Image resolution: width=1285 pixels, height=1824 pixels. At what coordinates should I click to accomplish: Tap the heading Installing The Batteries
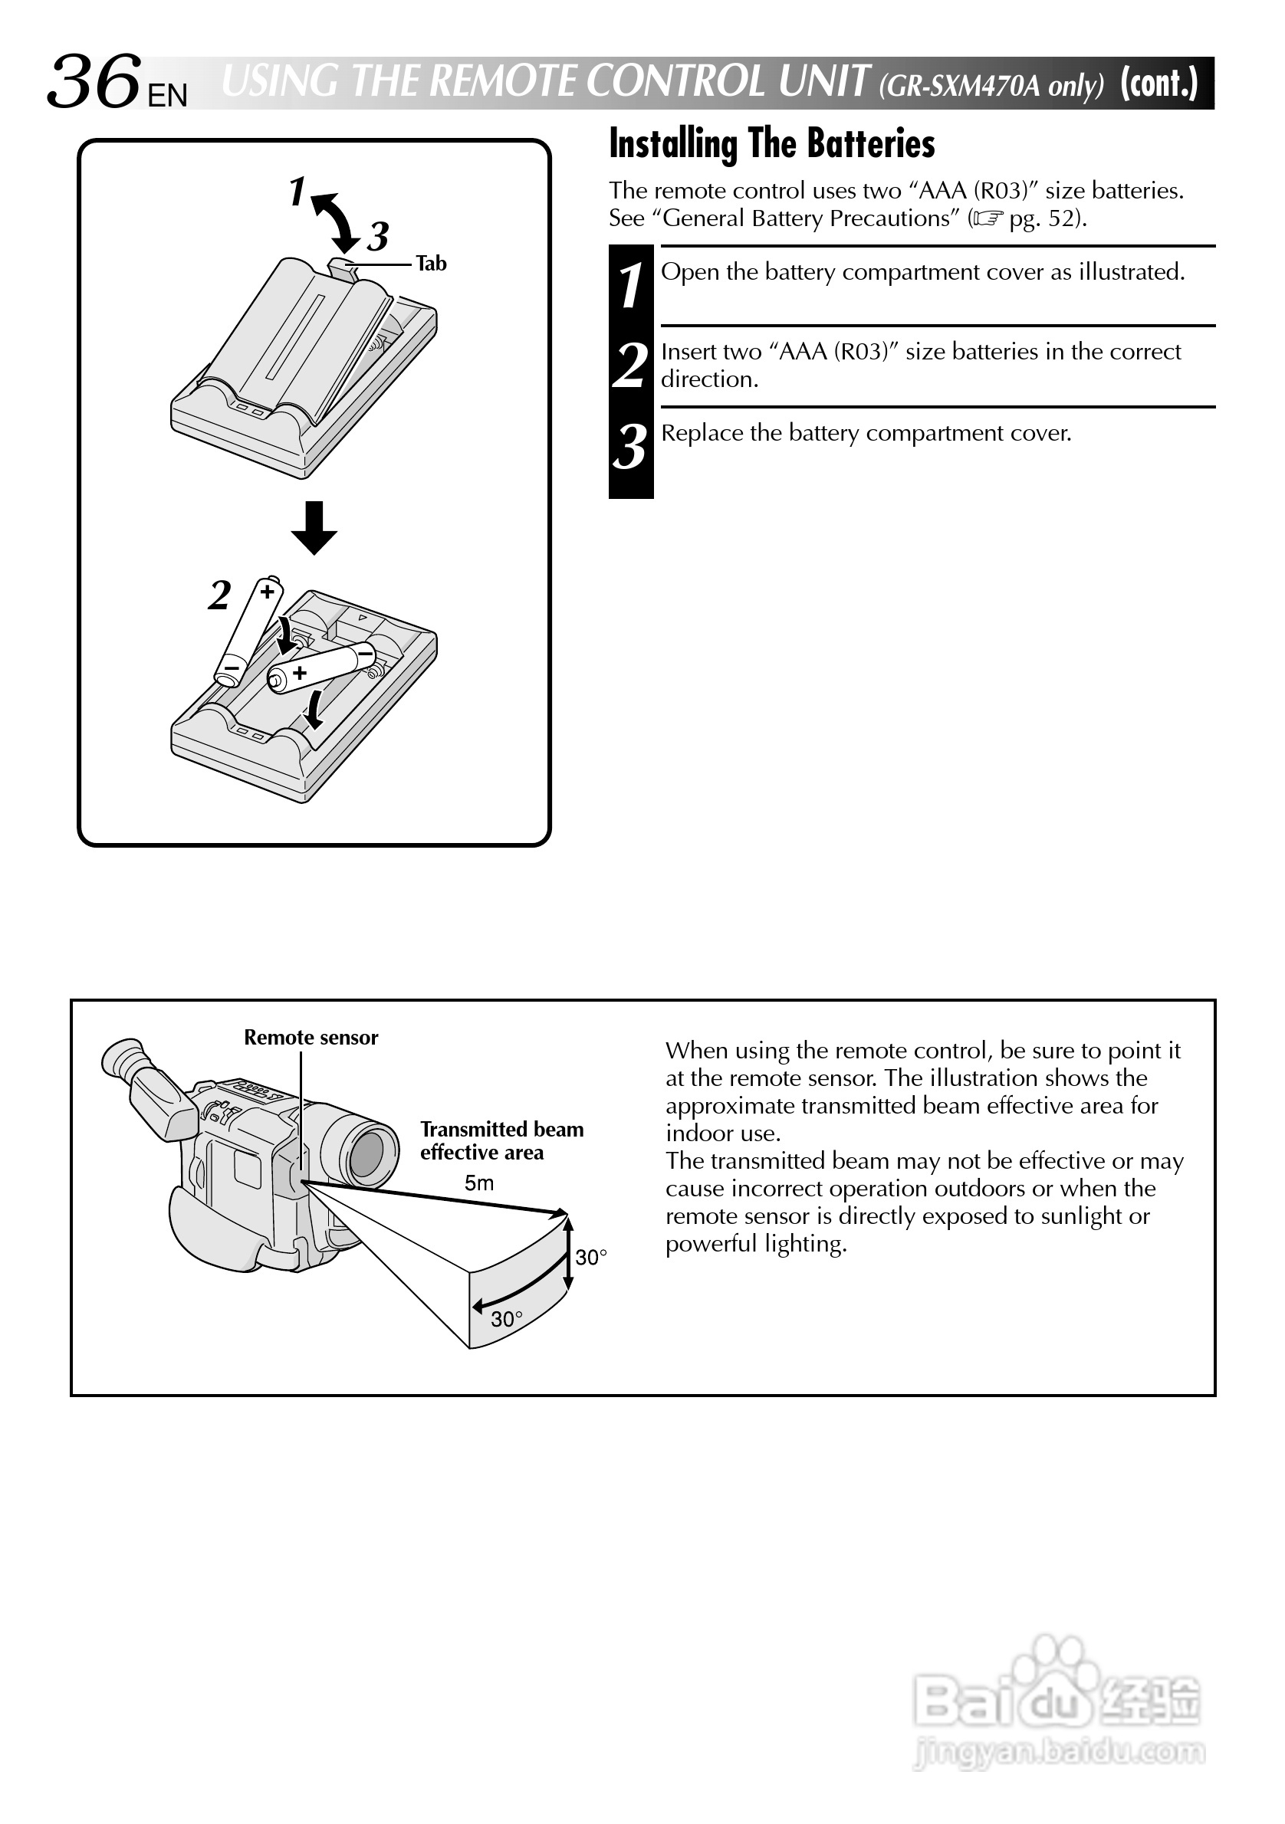point(771,145)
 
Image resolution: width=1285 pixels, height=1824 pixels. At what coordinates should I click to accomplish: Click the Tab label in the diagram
point(431,264)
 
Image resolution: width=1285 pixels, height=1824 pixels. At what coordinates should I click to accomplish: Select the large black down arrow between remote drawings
point(314,527)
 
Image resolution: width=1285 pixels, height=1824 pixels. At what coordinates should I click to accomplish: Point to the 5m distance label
point(478,1183)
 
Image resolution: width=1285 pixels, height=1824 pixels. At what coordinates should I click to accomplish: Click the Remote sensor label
point(311,1038)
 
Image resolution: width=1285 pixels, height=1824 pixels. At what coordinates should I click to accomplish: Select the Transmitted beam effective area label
point(501,1141)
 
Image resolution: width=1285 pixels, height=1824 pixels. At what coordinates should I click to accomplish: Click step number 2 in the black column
point(630,366)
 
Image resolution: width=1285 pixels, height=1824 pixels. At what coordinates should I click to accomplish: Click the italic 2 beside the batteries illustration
point(219,595)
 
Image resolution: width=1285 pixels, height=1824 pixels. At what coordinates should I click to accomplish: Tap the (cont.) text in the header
point(1158,84)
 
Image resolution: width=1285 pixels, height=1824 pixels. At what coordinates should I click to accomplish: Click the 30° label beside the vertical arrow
point(590,1257)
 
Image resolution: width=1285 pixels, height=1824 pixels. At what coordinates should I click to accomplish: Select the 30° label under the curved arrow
point(506,1320)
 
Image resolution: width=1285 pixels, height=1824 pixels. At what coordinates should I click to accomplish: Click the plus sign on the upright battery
point(268,592)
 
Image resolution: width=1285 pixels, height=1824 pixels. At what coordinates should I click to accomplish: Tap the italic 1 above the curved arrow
point(297,192)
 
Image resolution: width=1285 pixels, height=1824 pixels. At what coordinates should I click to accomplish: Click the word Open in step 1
point(690,273)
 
